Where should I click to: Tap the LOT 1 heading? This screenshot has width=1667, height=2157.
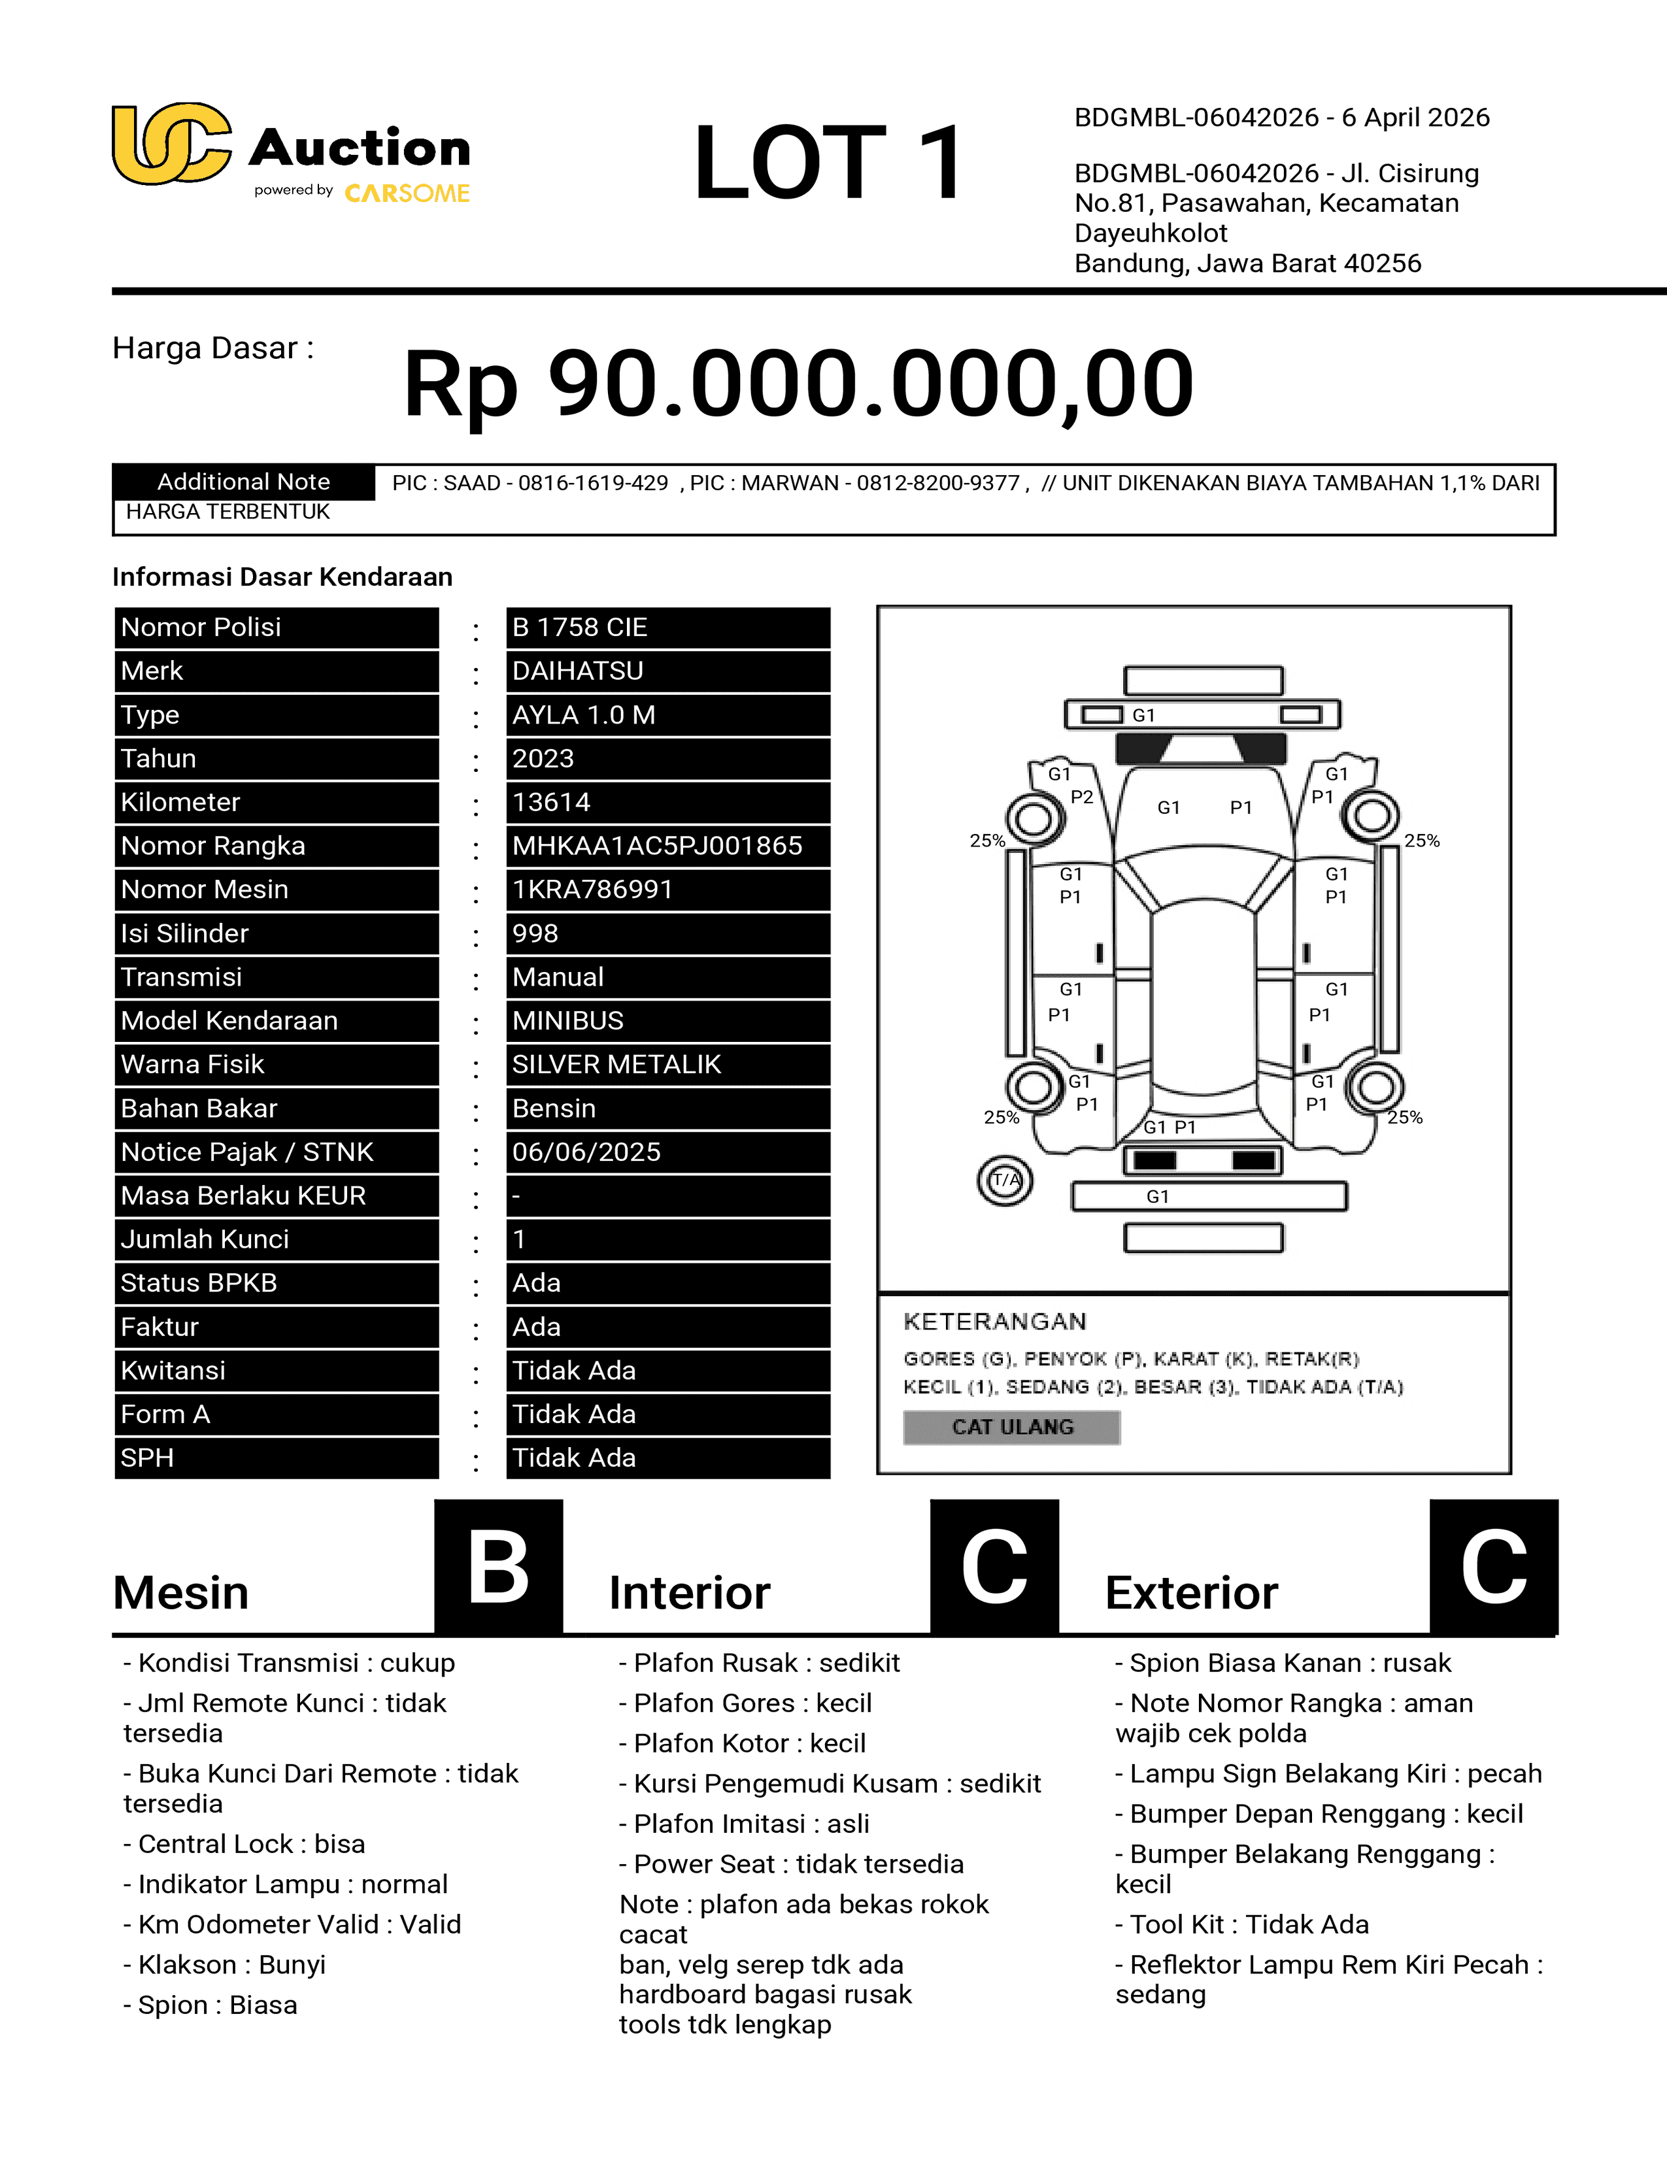tap(828, 163)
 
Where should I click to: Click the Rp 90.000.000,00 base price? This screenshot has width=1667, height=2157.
tap(798, 383)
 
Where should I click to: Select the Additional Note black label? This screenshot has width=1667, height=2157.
tap(243, 482)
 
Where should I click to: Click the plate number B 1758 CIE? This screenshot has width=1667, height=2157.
tap(667, 627)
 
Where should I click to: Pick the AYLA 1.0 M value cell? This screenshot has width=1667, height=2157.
tap(667, 715)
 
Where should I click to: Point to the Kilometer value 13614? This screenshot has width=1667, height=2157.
tap(667, 802)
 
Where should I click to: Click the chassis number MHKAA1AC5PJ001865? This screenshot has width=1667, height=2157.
tap(667, 845)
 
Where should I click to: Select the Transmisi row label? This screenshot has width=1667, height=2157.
tap(277, 977)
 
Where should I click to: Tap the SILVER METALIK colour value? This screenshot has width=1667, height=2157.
tap(667, 1063)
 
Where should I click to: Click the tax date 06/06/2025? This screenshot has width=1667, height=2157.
tap(667, 1152)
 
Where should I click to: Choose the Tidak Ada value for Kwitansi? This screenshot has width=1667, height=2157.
tap(667, 1370)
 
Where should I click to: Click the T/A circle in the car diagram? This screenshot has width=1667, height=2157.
tap(1005, 1180)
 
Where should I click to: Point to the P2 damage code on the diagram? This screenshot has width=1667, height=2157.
tap(1081, 797)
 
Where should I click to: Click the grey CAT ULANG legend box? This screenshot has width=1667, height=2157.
tap(1011, 1427)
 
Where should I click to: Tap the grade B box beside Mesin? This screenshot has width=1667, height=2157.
tap(499, 1566)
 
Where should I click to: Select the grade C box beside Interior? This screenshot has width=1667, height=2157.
tap(994, 1566)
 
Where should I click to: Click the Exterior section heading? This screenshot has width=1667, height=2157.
tap(1191, 1593)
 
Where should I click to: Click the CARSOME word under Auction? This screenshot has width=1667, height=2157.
tap(407, 193)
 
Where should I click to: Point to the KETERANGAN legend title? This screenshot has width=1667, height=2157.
tap(994, 1322)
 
